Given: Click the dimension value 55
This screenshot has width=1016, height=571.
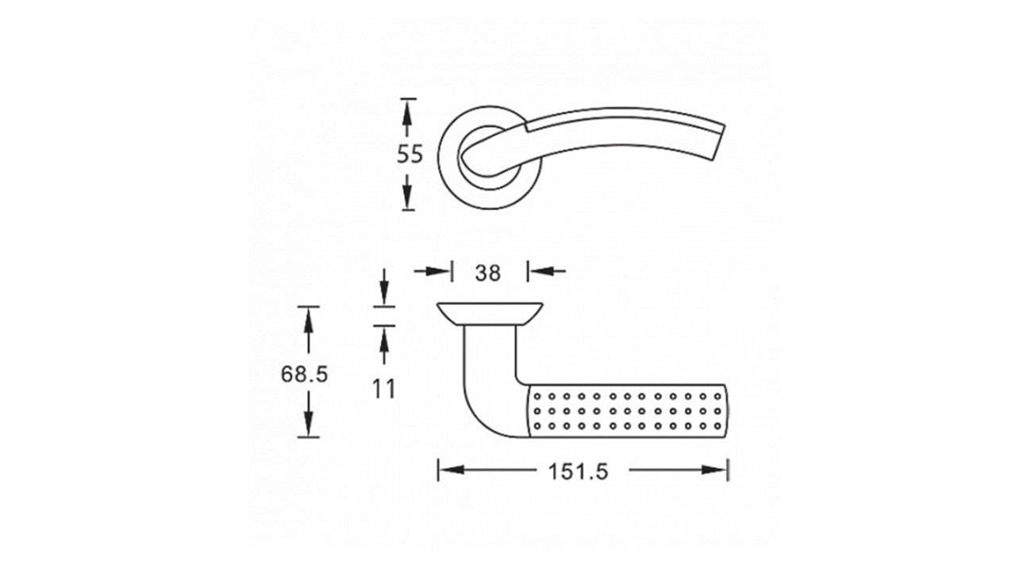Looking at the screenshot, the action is pos(410,154).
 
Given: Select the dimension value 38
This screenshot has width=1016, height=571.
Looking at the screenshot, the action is pos(488,273).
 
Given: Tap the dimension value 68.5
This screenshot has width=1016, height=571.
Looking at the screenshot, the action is pos(304,374).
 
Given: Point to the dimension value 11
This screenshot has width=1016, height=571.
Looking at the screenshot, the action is pos(383,389).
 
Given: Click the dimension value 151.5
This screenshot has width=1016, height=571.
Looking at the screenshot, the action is pos(579,471).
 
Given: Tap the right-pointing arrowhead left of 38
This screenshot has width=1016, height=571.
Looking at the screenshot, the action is pos(437,271).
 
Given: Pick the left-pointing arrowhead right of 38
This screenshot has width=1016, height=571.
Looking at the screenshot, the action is pos(542,271).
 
